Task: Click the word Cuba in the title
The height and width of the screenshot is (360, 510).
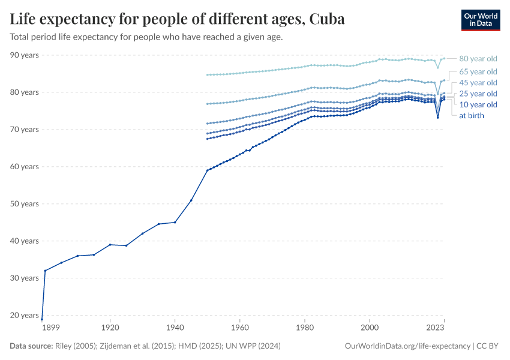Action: [328, 19]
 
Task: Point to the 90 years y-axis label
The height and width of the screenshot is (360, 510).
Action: [24, 55]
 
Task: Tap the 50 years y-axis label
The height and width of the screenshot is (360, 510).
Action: [24, 204]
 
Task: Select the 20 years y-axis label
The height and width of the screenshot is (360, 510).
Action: [24, 315]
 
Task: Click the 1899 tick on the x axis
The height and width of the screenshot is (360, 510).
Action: [50, 328]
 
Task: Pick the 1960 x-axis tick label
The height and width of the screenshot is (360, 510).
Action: [240, 328]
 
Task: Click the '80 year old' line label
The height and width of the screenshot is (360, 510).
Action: [478, 59]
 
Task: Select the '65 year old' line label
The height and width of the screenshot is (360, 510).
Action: [478, 71]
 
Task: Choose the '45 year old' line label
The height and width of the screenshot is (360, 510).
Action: [478, 82]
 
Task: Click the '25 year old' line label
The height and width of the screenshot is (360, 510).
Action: [478, 94]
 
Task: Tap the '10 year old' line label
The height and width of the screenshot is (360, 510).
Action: [478, 104]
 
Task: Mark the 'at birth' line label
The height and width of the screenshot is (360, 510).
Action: [472, 115]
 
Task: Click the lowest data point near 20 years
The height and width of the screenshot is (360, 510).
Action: [42, 319]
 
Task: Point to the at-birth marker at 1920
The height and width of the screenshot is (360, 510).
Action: [110, 244]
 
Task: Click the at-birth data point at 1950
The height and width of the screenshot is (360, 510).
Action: [207, 170]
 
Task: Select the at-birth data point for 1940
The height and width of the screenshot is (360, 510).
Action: [175, 222]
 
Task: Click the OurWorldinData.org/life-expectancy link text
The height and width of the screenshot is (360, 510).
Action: [408, 346]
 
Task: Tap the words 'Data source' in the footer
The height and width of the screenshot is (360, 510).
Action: [31, 346]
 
